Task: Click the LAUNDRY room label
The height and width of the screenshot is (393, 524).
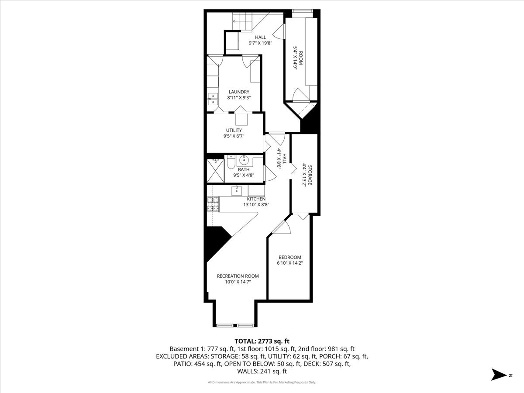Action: [x=238, y=92]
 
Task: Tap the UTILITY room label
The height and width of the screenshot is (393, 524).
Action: [x=234, y=130]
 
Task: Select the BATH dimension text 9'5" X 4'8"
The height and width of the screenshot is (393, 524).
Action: [x=244, y=176]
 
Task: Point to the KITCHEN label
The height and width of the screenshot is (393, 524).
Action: [x=256, y=199]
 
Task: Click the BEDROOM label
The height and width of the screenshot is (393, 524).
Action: [x=290, y=257]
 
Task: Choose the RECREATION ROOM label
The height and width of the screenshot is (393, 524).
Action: [x=238, y=276]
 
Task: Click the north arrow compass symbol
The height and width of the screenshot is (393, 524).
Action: [x=498, y=375]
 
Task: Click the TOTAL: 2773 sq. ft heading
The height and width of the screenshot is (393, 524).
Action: [x=262, y=341]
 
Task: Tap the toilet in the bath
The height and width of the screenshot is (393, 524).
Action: [x=230, y=163]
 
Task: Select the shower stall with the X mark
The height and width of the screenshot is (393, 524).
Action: [x=214, y=169]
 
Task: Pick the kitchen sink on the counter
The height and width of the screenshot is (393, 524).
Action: [x=236, y=190]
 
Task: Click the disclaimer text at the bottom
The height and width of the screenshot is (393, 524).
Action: [x=262, y=383]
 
